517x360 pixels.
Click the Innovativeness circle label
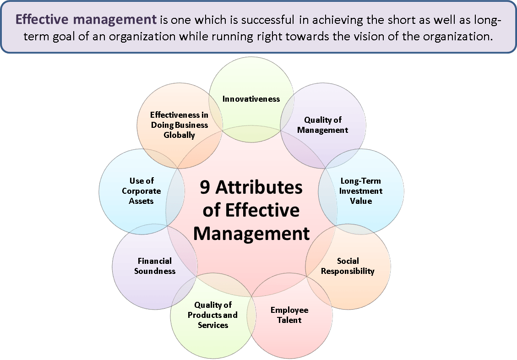pyautogui.click(x=251, y=99)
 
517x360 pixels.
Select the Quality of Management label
pyautogui.click(x=323, y=125)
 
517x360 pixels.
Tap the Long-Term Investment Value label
pyautogui.click(x=361, y=191)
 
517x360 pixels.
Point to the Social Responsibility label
pyautogui.click(x=348, y=266)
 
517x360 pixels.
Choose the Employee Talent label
pyautogui.click(x=289, y=315)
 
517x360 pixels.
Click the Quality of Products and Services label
pyautogui.click(x=213, y=315)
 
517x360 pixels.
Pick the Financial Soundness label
pyautogui.click(x=155, y=266)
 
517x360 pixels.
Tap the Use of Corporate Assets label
pyautogui.click(x=141, y=191)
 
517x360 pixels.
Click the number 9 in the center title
pyautogui.click(x=205, y=188)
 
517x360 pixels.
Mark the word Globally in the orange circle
pyautogui.click(x=179, y=135)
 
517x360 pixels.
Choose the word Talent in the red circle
pyautogui.click(x=289, y=320)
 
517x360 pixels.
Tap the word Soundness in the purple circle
pyautogui.click(x=155, y=271)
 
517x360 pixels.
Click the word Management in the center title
pyautogui.click(x=251, y=234)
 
